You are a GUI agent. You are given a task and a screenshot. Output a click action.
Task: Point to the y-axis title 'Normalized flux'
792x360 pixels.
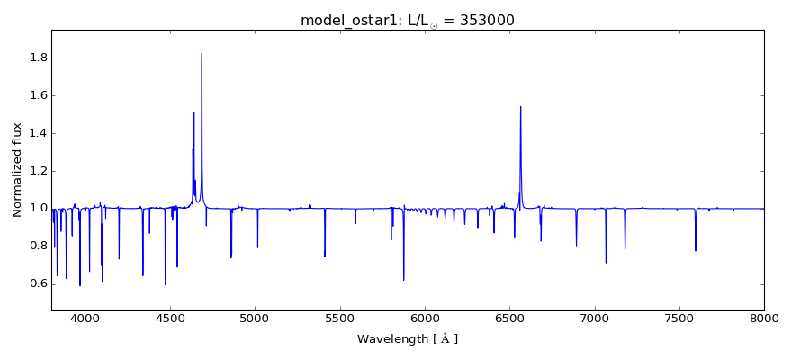(x=17, y=169)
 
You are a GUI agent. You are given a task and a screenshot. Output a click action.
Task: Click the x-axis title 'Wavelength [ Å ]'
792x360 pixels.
(x=408, y=339)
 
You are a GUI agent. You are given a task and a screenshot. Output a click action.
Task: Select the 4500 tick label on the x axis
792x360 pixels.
(x=170, y=318)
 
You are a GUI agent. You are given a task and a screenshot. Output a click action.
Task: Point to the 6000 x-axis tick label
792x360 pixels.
(x=425, y=318)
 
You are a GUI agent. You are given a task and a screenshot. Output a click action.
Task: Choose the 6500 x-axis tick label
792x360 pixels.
(x=509, y=318)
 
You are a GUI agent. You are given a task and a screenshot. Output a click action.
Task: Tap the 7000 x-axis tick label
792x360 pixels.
(x=595, y=318)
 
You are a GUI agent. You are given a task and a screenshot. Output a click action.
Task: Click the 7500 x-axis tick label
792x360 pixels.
(x=679, y=318)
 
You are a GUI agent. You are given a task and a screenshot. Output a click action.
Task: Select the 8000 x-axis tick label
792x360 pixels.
(x=763, y=318)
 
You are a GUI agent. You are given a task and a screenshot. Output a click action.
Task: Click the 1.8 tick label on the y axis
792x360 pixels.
(x=36, y=58)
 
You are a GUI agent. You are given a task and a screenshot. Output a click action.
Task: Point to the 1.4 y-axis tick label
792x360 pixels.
(x=36, y=133)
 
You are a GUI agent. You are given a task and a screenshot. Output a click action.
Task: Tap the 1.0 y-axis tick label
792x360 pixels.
(x=36, y=209)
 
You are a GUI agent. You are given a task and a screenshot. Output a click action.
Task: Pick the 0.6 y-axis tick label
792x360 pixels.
(x=36, y=284)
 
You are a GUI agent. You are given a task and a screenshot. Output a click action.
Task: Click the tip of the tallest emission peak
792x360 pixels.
(x=202, y=53)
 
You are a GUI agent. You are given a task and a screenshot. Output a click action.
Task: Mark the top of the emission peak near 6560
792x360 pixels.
(x=520, y=107)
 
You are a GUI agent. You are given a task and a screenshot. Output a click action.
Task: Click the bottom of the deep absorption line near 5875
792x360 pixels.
(x=404, y=280)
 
